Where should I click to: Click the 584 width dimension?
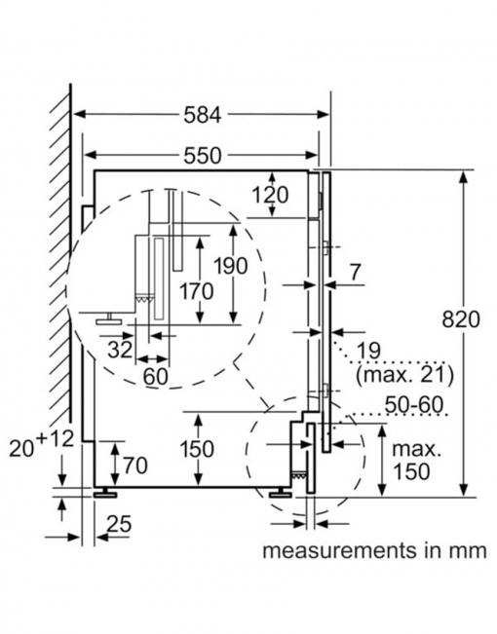coord(204,115)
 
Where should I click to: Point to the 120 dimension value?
coord(268,195)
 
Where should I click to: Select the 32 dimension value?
coord(121,349)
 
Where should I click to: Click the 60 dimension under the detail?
coord(155,375)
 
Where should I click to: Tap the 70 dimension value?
coord(134,466)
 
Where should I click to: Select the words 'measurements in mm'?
coord(373,550)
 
